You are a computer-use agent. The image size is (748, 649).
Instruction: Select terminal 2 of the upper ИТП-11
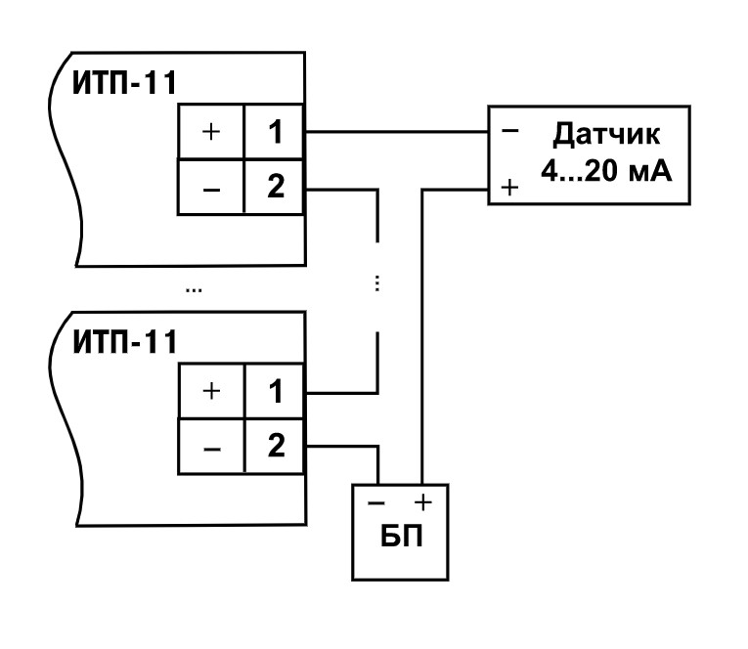click(x=275, y=188)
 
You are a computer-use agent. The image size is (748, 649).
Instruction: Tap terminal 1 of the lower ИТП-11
click(x=275, y=391)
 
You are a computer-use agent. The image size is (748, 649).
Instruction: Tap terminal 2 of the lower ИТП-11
click(x=275, y=446)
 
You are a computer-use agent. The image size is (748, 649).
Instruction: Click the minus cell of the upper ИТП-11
click(x=210, y=188)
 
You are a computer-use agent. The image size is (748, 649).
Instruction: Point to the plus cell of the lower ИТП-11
click(x=210, y=391)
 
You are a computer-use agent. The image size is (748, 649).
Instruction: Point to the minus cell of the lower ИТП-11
click(x=210, y=446)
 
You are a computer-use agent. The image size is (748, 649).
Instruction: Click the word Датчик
click(x=599, y=135)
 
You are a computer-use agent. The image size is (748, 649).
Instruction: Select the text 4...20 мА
click(x=598, y=172)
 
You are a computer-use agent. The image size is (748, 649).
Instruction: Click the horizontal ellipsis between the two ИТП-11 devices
click(x=195, y=290)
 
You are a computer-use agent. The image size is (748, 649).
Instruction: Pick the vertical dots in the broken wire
click(x=376, y=282)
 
